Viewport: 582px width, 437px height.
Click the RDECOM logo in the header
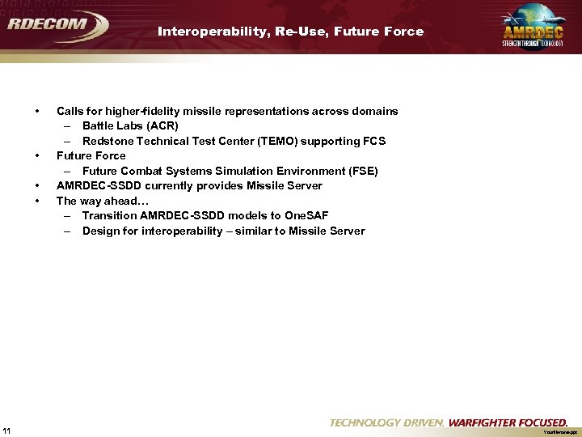click(x=57, y=25)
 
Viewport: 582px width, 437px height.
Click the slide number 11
click(x=6, y=429)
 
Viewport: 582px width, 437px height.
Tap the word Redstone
click(x=107, y=141)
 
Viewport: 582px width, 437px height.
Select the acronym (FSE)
click(x=361, y=171)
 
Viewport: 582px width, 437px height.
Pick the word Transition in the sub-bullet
click(x=109, y=216)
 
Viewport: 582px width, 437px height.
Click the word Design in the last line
click(x=100, y=231)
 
